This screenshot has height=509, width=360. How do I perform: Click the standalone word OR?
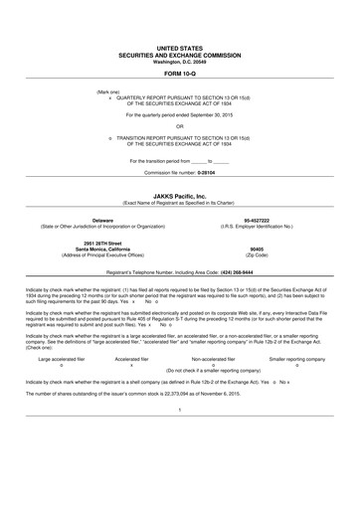pyautogui.click(x=180, y=126)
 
